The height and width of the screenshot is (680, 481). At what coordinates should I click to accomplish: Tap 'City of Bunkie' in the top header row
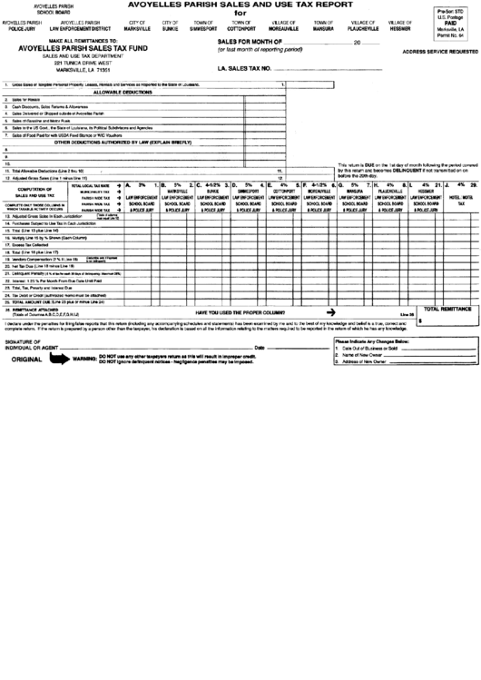coord(171,25)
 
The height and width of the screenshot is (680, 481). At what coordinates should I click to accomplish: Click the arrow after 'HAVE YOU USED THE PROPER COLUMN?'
coord(331,310)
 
